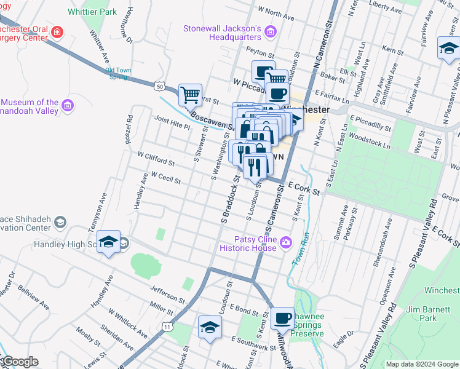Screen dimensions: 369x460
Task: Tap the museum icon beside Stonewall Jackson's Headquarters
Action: tap(271, 30)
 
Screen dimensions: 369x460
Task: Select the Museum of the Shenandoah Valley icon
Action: tap(68, 106)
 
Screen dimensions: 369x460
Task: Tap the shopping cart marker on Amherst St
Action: tap(191, 95)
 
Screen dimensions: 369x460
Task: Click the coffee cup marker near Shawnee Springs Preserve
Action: tap(282, 317)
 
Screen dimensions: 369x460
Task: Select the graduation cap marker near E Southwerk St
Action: tap(209, 327)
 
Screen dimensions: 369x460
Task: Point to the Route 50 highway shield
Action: tap(159, 86)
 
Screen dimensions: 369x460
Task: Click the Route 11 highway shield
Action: tap(167, 328)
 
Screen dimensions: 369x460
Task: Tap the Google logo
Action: tap(20, 362)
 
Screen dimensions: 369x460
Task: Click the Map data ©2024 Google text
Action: tap(421, 364)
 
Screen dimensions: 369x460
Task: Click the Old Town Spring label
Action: tap(118, 73)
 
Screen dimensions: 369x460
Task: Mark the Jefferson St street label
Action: tap(168, 293)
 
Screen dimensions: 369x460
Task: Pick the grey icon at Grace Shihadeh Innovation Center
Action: tap(60, 222)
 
